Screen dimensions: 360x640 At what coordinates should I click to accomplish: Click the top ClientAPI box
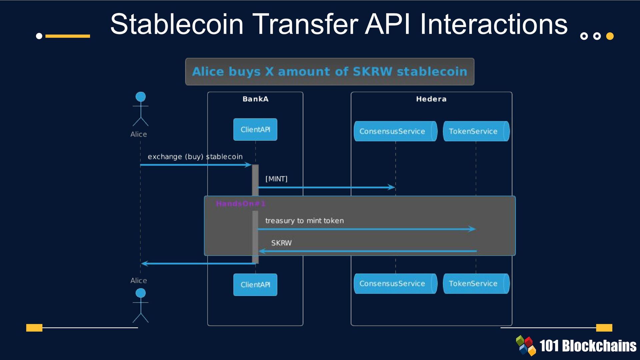click(255, 129)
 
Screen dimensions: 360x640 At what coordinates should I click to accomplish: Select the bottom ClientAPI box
click(255, 285)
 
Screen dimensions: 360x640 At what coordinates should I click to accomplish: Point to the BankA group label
click(255, 99)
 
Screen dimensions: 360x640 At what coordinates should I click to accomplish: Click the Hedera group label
click(431, 99)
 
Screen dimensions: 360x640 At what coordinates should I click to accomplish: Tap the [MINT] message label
click(276, 179)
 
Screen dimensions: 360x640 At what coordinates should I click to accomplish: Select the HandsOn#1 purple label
click(240, 204)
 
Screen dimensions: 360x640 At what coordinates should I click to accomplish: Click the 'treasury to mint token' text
click(304, 221)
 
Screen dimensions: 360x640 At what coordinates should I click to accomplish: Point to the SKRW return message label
click(281, 243)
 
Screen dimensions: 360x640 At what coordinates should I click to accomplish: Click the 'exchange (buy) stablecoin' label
click(195, 157)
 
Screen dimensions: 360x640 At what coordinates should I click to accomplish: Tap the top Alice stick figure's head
click(141, 97)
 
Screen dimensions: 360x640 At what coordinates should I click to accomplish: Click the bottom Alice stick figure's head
click(141, 293)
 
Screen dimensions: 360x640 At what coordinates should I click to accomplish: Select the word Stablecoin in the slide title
click(177, 24)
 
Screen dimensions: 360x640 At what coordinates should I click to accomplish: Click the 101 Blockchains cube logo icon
click(526, 345)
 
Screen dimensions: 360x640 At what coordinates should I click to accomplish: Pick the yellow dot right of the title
click(610, 36)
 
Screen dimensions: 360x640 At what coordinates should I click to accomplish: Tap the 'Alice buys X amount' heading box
click(330, 72)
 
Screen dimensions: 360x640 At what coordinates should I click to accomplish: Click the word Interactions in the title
click(493, 24)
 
